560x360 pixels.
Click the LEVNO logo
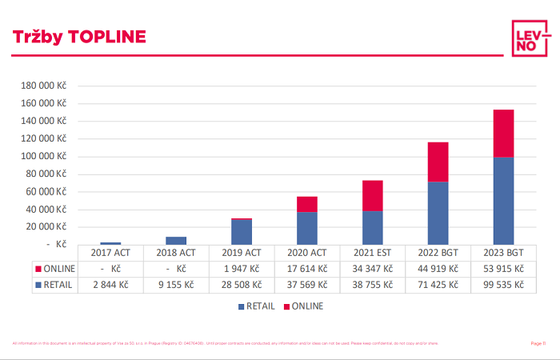click(530, 36)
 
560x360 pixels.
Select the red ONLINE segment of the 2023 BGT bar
click(503, 134)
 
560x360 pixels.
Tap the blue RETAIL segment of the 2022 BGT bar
click(438, 213)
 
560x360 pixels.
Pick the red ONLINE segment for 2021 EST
click(372, 195)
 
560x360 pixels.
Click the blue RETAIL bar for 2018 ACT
click(176, 240)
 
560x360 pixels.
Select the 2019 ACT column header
click(242, 253)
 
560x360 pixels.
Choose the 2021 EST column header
click(372, 253)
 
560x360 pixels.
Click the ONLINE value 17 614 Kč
click(306, 269)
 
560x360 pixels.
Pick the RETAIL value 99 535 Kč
click(503, 285)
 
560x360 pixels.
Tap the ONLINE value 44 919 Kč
click(438, 269)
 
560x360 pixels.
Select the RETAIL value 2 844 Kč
click(110, 285)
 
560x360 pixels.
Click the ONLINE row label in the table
click(58, 269)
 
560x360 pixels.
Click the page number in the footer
click(538, 343)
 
